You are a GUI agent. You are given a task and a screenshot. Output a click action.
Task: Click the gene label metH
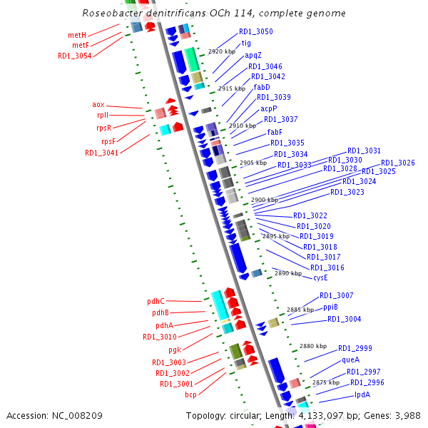pos(77,35)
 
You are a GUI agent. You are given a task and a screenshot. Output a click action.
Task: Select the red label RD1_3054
pos(74,56)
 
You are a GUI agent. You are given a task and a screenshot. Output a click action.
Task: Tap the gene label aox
pos(98,104)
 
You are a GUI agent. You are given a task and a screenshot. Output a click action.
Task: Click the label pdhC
pos(155,301)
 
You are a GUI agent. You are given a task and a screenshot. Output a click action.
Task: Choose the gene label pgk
pos(175,350)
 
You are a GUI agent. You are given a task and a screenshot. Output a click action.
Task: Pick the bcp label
pos(190,394)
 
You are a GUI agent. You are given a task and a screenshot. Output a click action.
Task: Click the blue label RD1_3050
pos(255,32)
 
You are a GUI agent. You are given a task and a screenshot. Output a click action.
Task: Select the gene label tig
pos(246,44)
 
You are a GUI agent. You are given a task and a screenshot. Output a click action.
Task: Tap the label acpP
pos(268,108)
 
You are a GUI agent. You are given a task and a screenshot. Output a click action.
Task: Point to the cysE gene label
pos(320,277)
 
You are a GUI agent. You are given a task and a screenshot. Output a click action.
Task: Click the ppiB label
pos(330,307)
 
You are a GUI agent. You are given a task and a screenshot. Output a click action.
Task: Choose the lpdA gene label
pos(362,394)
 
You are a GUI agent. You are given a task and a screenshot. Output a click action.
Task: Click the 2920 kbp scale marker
pos(222,52)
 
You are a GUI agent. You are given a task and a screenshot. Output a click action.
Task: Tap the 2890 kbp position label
pos(288,273)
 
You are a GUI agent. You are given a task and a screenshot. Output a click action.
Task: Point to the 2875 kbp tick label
pos(326,383)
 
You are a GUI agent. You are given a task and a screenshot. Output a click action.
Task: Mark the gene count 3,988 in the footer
pos(406,415)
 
